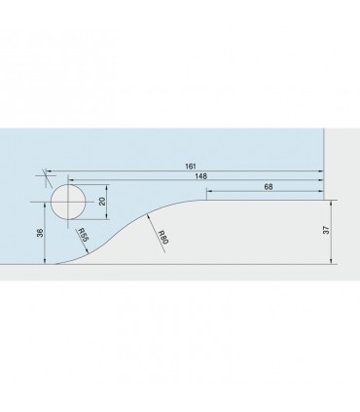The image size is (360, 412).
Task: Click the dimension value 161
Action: [191, 167]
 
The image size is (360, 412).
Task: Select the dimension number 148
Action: [200, 176]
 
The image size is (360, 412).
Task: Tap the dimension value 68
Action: [269, 187]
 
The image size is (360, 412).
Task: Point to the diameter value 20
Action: [102, 202]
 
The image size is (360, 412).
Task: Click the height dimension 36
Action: [40, 233]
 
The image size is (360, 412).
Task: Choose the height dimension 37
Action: [326, 230]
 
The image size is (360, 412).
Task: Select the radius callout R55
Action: [83, 235]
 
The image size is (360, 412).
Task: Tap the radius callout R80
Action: [162, 238]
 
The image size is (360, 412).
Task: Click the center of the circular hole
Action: [68, 202]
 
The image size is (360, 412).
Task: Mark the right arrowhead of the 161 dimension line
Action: [321, 170]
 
